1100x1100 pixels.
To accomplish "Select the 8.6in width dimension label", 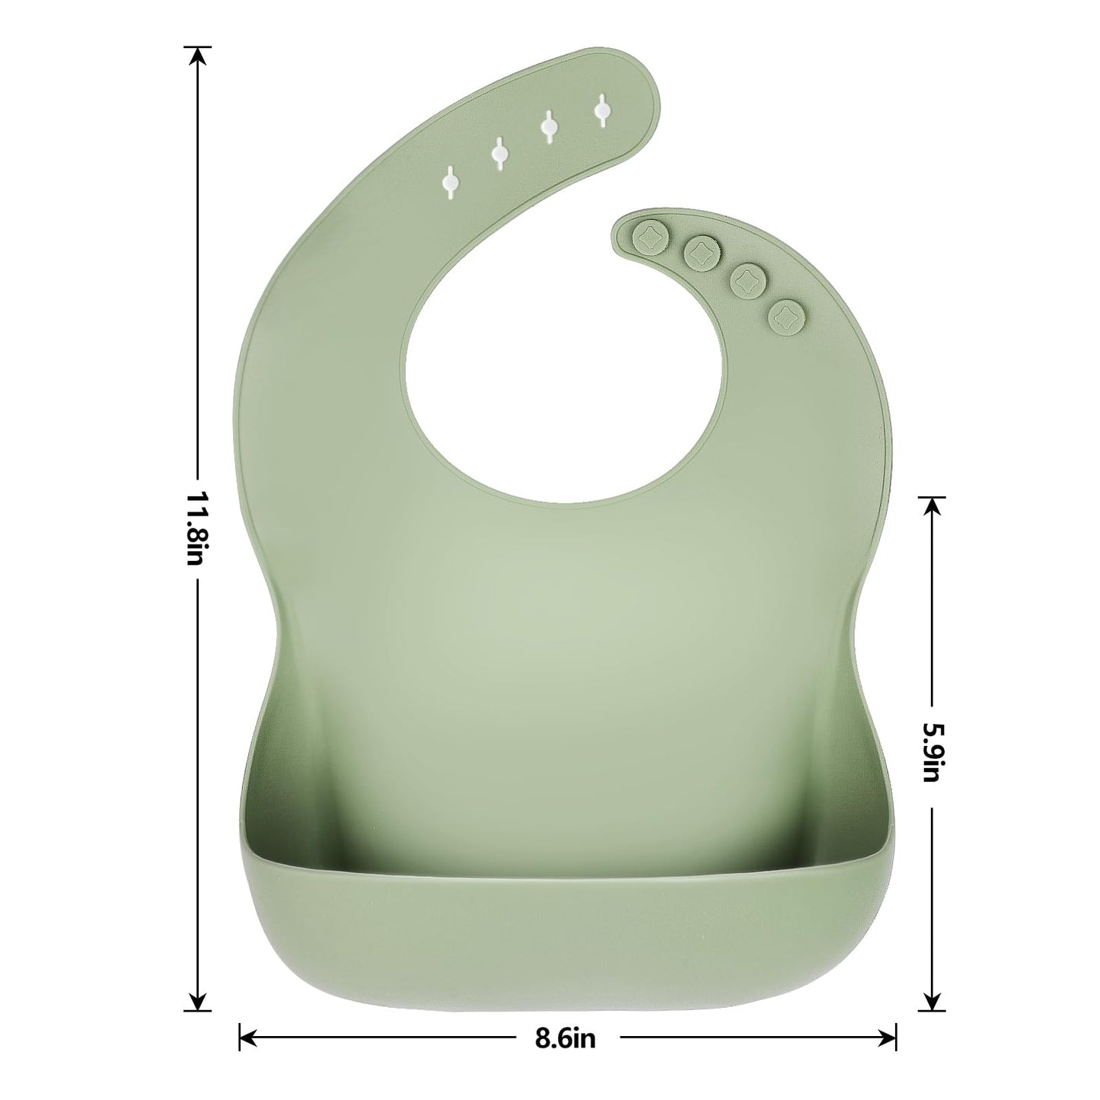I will point(565,1038).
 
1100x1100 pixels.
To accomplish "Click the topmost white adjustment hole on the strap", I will point(602,112).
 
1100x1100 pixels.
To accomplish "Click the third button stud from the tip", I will point(747,279).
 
